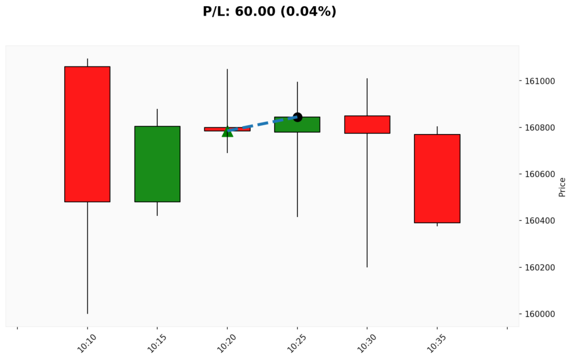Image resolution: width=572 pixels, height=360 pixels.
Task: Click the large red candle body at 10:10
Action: tap(87, 134)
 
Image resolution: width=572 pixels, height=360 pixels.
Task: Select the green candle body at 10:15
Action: tap(157, 164)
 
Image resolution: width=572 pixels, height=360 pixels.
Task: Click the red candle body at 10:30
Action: tap(367, 124)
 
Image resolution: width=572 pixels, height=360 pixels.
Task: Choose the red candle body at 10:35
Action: tap(437, 178)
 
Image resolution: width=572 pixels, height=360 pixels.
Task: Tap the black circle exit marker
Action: tap(297, 117)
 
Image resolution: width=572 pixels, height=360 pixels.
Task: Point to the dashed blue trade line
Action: tap(262, 124)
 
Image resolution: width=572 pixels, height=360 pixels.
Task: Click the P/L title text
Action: tap(269, 12)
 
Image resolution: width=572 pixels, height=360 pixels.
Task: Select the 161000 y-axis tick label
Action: tap(540, 82)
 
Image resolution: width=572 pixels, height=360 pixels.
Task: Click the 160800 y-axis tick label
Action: tap(540, 128)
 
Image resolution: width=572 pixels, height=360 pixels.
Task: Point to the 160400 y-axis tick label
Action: tap(540, 221)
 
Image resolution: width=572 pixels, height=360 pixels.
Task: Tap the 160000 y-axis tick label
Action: tap(540, 314)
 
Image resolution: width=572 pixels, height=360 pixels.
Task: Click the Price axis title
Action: tap(562, 187)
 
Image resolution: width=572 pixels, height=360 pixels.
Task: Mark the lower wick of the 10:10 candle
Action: tap(87, 257)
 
